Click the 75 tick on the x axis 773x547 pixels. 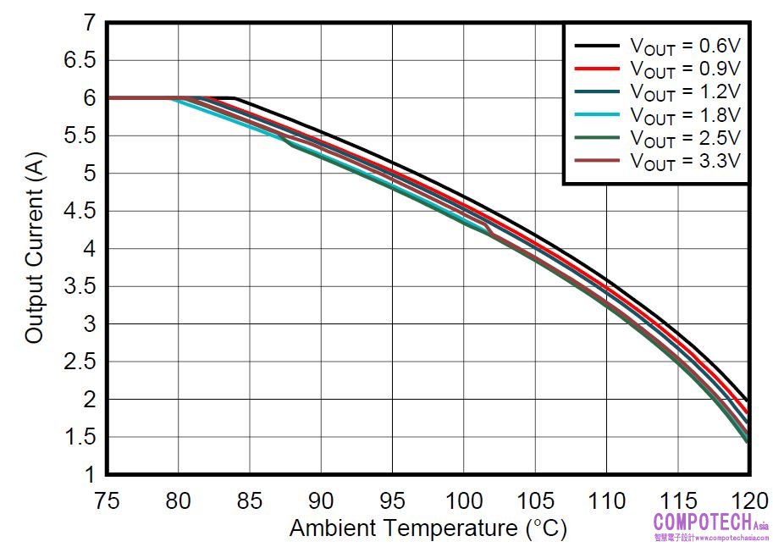point(107,500)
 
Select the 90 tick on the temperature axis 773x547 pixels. point(321,500)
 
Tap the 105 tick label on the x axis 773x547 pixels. point(534,500)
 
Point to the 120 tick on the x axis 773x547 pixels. point(748,500)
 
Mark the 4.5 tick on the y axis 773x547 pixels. point(78,212)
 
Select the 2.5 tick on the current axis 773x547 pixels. point(78,362)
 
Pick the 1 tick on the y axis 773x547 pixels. point(89,474)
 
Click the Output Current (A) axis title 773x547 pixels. point(35,249)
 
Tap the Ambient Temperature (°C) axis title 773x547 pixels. point(428,529)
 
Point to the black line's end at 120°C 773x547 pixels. point(748,400)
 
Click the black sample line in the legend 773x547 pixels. point(598,45)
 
